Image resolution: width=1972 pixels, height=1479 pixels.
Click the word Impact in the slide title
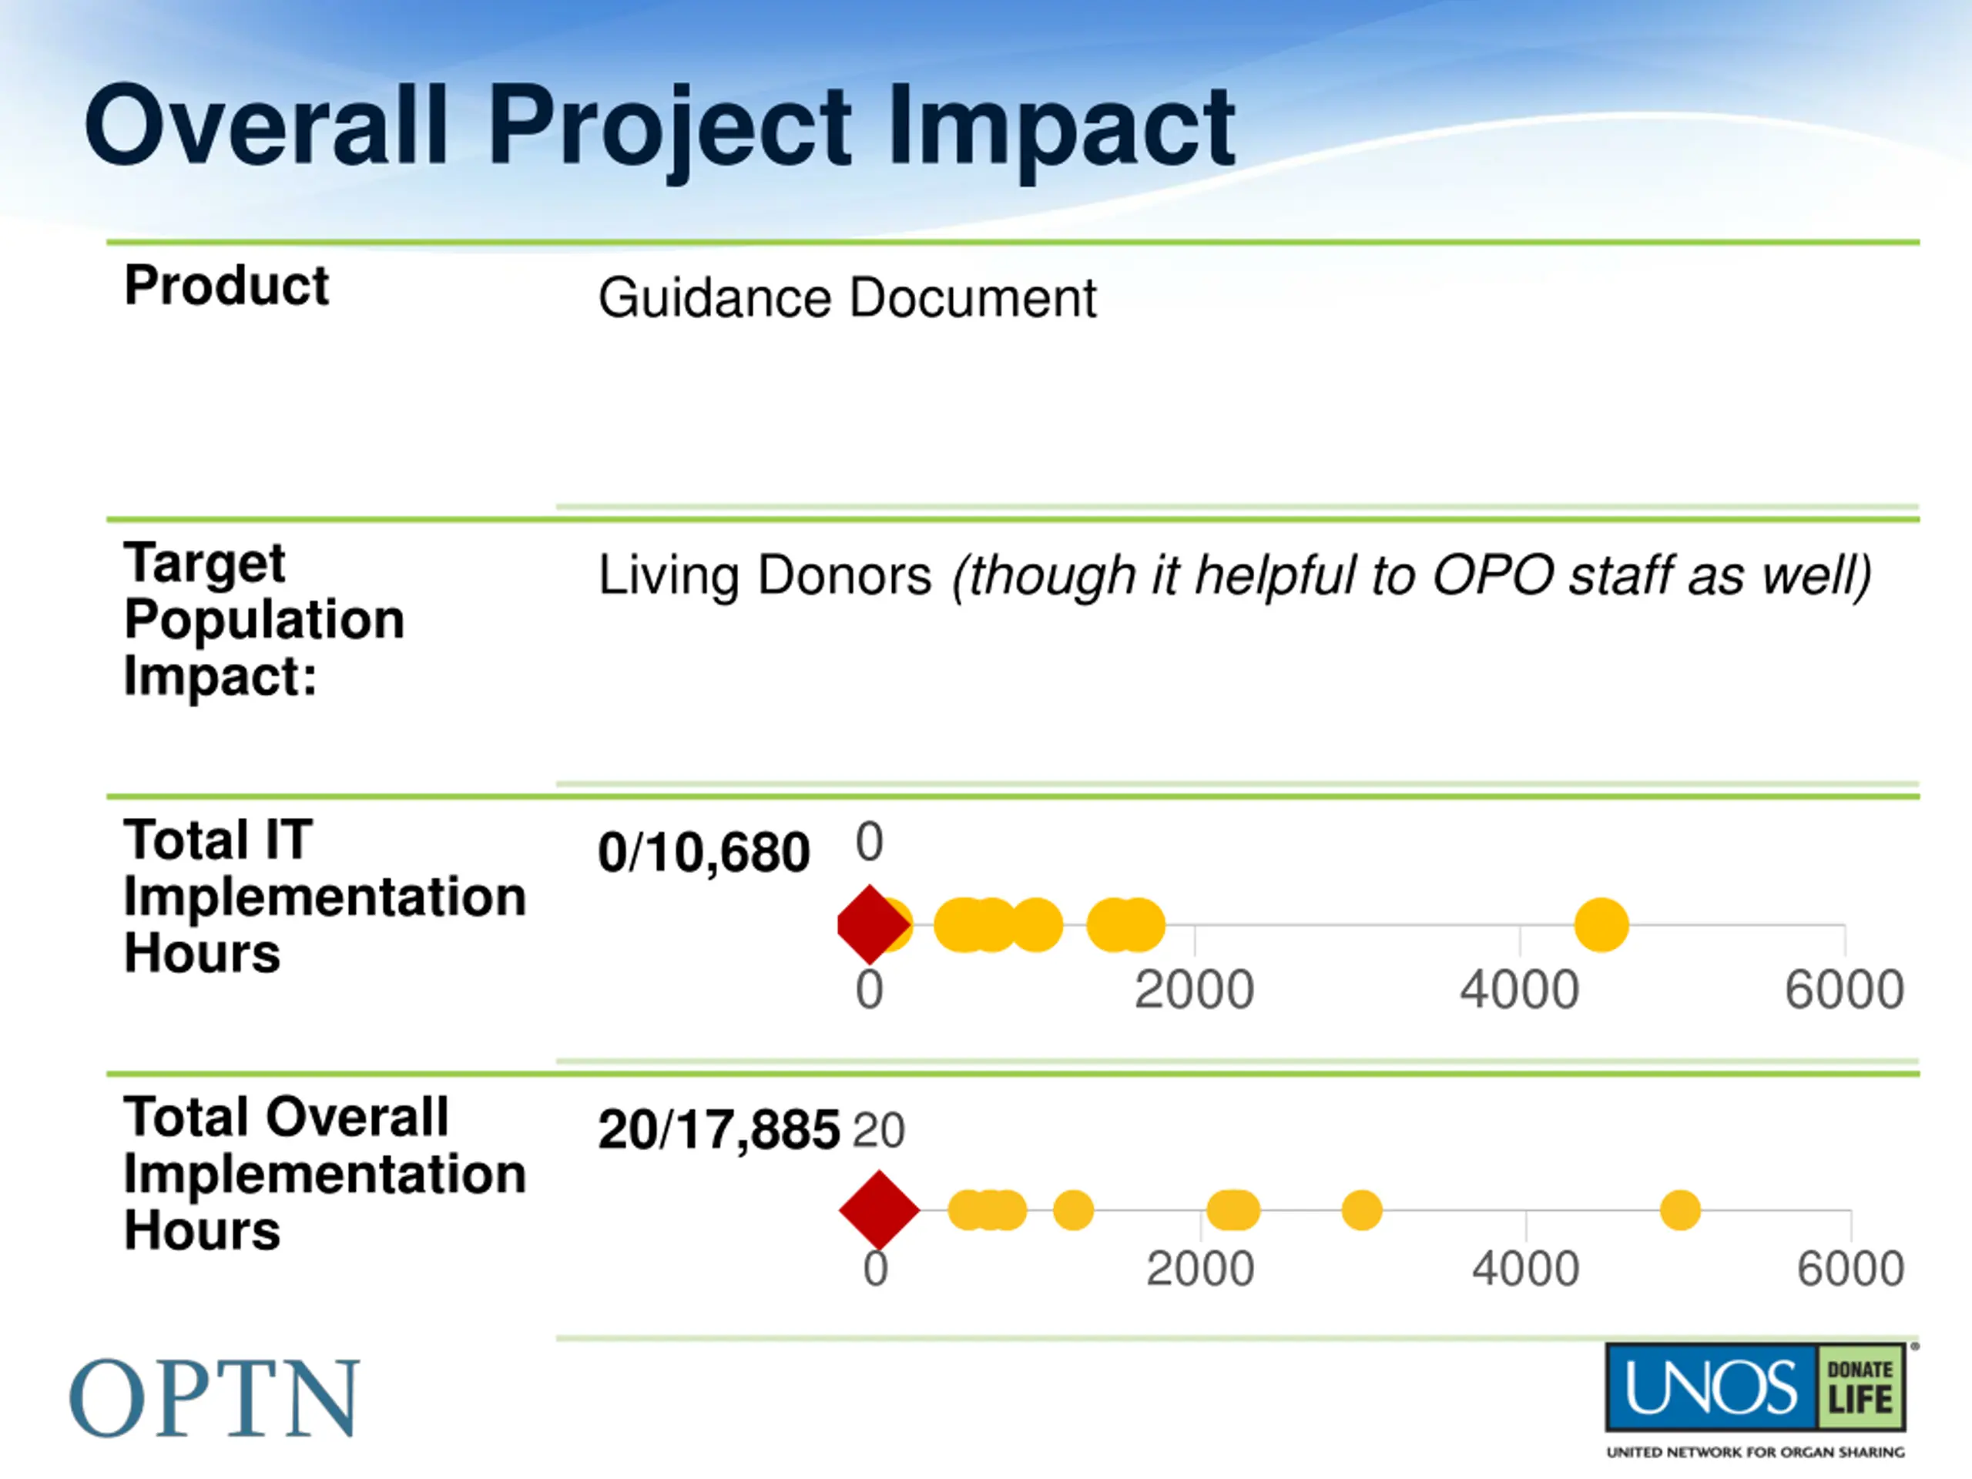(x=1061, y=126)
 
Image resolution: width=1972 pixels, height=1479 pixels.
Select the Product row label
(x=226, y=287)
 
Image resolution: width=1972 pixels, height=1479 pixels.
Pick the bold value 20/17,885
(x=719, y=1129)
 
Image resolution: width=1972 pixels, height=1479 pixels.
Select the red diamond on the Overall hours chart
(x=879, y=1209)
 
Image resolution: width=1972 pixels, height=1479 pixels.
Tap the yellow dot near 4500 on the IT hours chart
(x=1601, y=924)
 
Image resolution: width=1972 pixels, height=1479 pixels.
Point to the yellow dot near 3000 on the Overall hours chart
(x=1361, y=1209)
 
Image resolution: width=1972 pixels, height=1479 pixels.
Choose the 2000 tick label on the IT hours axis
(x=1194, y=991)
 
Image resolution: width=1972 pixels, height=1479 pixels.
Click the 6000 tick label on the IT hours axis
(x=1843, y=991)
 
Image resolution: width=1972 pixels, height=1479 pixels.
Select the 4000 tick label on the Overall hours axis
(x=1525, y=1269)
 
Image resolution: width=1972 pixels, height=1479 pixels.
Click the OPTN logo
(x=214, y=1398)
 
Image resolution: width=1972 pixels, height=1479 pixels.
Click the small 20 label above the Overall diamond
(x=878, y=1130)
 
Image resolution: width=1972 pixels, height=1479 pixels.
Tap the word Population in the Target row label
(x=264, y=619)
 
